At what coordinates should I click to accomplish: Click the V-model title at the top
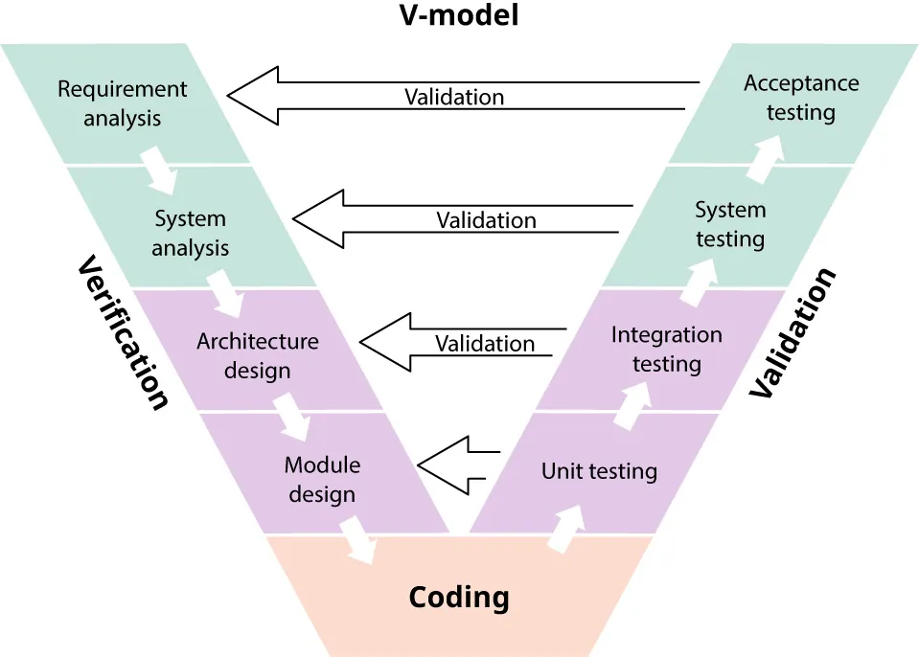[x=458, y=15]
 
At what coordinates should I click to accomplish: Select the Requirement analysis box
[x=122, y=103]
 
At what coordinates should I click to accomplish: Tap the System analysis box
[x=190, y=233]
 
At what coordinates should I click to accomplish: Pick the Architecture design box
[x=257, y=354]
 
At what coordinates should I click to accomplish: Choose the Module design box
[x=322, y=479]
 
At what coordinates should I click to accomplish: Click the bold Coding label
[x=459, y=598]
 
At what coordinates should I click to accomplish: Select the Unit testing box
[x=599, y=471]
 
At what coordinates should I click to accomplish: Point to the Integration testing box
[x=667, y=349]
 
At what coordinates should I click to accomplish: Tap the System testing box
[x=730, y=223]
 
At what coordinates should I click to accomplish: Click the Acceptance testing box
[x=801, y=98]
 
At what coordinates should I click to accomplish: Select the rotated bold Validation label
[x=793, y=332]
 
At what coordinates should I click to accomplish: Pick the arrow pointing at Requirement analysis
[x=460, y=97]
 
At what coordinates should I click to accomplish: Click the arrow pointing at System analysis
[x=460, y=219]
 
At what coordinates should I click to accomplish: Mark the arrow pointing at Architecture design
[x=460, y=343]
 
